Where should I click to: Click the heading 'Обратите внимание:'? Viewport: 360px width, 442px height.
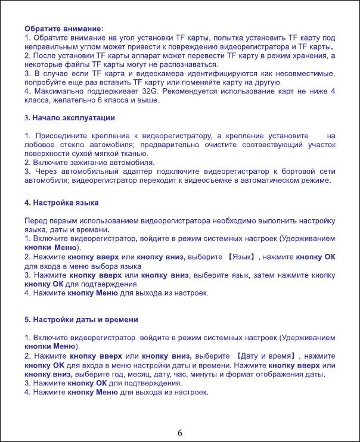point(64,28)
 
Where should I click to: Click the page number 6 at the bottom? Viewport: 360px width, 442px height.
point(180,432)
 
